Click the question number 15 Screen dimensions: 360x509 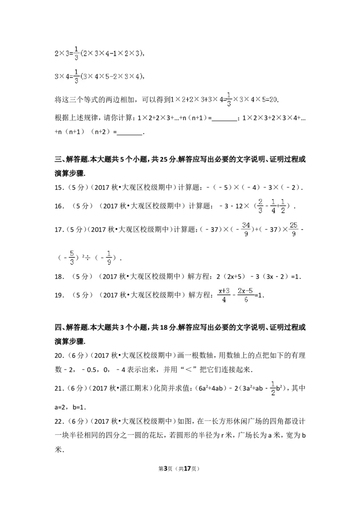pos(59,188)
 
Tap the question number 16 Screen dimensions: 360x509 pos(59,206)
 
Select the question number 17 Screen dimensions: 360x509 pos(59,230)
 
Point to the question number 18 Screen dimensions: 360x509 pos(59,277)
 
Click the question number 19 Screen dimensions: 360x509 pos(59,295)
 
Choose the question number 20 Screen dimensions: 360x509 pos(59,356)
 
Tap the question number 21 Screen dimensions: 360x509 pos(59,388)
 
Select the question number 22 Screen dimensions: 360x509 pos(59,422)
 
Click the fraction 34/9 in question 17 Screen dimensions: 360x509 pos(246,229)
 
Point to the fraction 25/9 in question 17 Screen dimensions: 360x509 pos(294,229)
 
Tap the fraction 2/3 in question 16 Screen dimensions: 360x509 pos(260,206)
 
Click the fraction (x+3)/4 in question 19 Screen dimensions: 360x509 pos(224,295)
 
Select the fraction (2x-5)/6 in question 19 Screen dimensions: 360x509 pos(245,295)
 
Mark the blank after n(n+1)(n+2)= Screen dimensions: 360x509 pos(130,133)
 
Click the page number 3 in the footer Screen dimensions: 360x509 pos(166,469)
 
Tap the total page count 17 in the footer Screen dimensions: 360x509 pos(187,469)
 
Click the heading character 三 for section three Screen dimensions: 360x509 pos(58,159)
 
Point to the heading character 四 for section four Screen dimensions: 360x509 pos(58,327)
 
